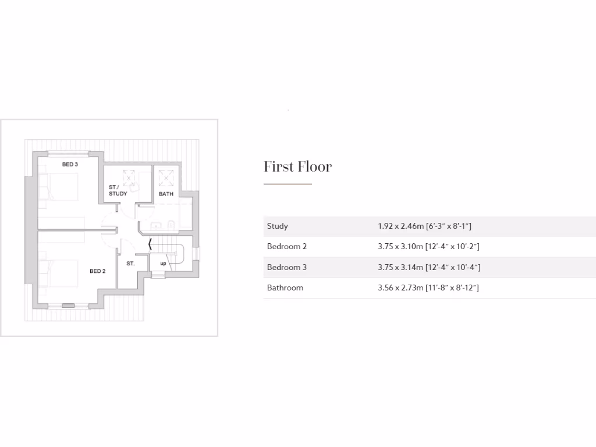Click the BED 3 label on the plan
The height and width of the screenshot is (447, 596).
point(70,165)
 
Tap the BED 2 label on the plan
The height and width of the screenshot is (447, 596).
point(97,271)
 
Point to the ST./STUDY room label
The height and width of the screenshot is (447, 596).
point(118,190)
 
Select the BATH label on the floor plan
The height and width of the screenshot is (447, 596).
point(166,194)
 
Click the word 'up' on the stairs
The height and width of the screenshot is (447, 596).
point(163,264)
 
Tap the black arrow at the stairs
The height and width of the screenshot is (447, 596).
point(150,244)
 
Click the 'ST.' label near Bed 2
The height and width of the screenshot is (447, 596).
point(130,264)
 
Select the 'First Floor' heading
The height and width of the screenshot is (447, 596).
point(297,167)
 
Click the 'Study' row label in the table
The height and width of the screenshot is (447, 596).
point(278,226)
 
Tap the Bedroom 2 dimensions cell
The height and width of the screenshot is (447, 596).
point(428,247)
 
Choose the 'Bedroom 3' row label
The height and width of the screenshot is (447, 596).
point(287,268)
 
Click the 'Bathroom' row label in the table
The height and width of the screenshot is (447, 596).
point(285,288)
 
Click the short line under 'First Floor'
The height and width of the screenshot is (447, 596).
point(288,184)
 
